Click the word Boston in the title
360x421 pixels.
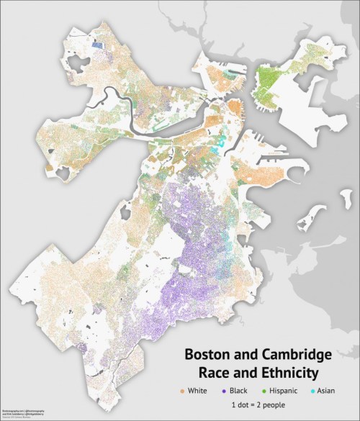(208, 356)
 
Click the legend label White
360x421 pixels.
(202, 390)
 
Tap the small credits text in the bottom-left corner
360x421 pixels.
(22, 412)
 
